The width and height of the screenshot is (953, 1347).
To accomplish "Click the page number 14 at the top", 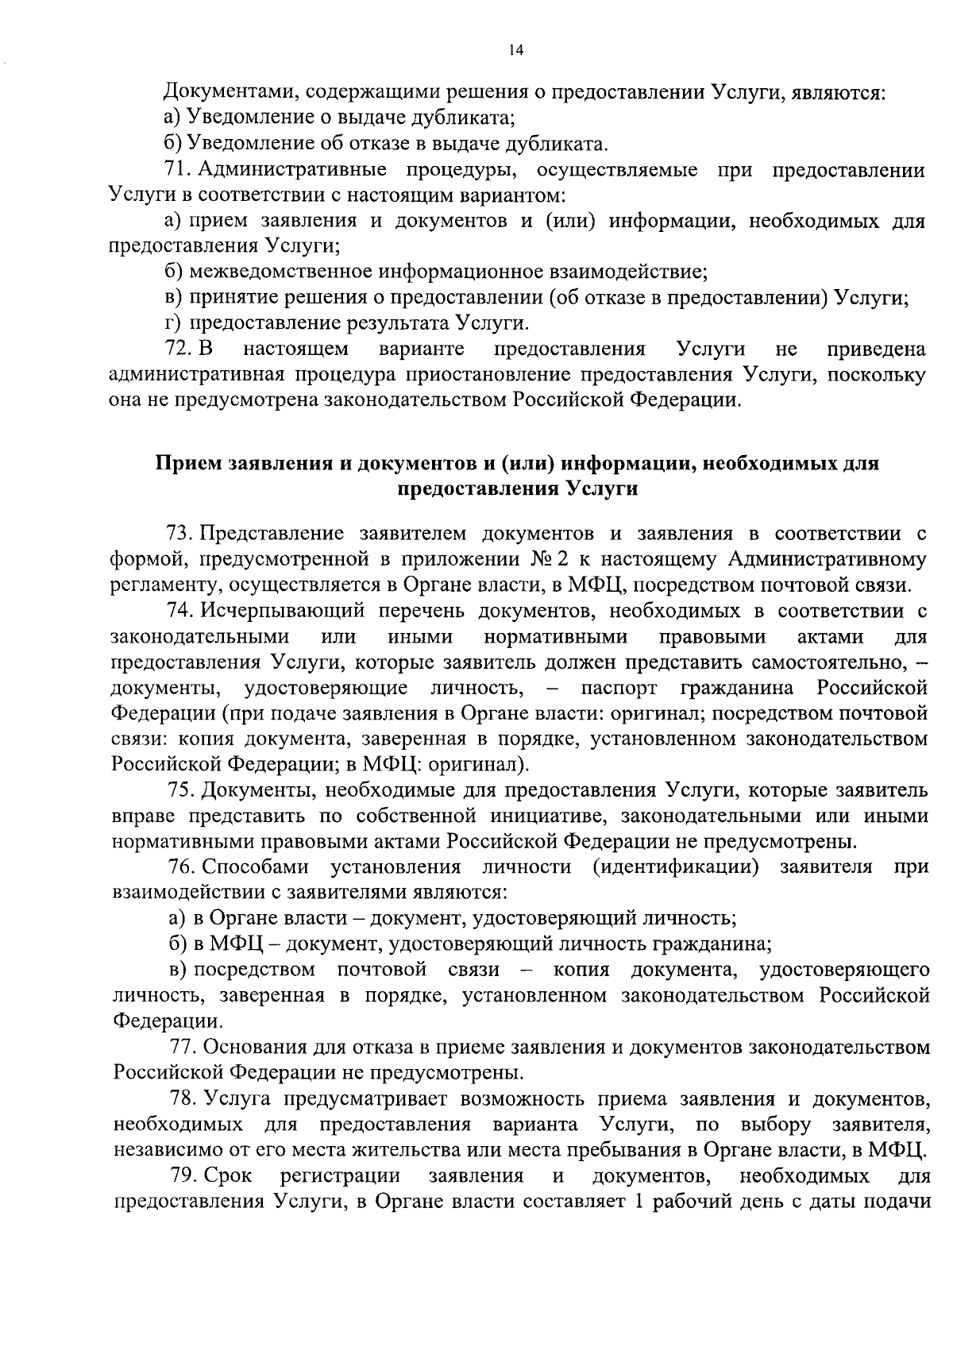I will coord(515,50).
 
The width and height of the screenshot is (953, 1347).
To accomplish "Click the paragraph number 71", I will coord(175,169).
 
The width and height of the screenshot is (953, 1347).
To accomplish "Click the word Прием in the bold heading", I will coord(189,464).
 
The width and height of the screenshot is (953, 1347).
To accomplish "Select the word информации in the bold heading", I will coord(627,464).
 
